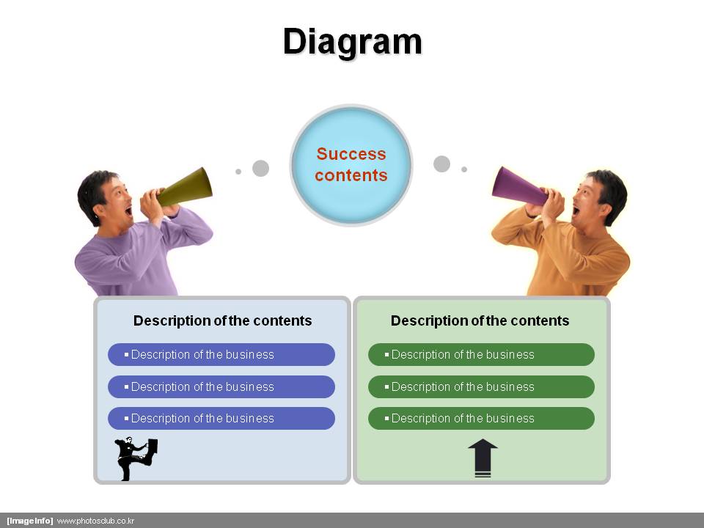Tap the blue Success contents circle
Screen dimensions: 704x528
[x=351, y=165]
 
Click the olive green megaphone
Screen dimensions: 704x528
[x=186, y=187]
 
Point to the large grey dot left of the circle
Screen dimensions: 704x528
[x=260, y=169]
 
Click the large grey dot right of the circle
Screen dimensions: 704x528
[x=441, y=164]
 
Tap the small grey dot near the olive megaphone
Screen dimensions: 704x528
[x=238, y=172]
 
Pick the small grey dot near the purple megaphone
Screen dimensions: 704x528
[x=464, y=169]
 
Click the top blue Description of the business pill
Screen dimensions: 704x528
[x=221, y=355]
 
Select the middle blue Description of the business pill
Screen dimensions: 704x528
[x=221, y=386]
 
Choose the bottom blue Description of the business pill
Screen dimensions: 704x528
[x=221, y=419]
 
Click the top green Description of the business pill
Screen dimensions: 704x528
[x=481, y=355]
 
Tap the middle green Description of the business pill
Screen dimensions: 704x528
[x=481, y=386]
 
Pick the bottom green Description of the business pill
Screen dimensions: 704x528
[x=481, y=419]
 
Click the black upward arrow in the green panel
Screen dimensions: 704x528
[x=483, y=458]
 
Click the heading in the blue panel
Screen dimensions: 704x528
[x=223, y=320]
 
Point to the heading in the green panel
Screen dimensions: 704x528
[x=480, y=320]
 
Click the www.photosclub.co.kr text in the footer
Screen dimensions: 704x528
[x=95, y=521]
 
